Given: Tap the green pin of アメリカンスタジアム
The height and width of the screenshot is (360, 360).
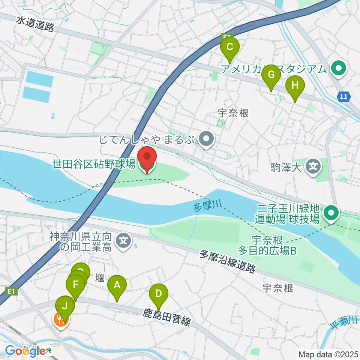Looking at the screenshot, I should point(339,69).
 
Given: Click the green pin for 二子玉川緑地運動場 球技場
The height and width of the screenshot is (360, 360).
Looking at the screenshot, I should point(331,213).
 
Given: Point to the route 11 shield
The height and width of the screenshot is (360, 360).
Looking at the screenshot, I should point(344,97).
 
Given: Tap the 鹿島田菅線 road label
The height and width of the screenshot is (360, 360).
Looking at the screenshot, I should point(167,316).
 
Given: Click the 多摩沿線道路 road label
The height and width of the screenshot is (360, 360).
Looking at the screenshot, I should point(228,262).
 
